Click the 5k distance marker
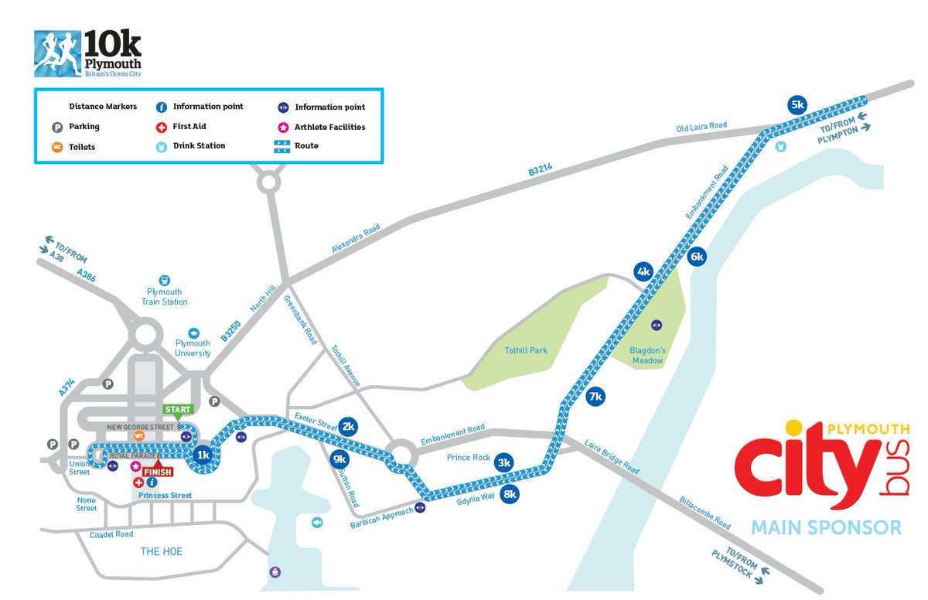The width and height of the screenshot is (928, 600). (x=797, y=105)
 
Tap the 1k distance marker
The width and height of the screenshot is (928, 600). (x=203, y=455)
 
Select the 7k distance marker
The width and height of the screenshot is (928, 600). (x=595, y=397)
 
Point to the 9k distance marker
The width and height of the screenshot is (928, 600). (x=339, y=459)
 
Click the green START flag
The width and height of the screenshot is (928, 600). (x=177, y=409)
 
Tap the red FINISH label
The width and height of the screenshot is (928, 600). (x=157, y=470)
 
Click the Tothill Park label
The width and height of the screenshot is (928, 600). (x=526, y=350)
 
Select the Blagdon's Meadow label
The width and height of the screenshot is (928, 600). (x=647, y=355)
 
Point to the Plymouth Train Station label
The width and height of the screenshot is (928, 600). (x=165, y=297)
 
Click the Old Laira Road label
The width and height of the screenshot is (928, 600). (x=701, y=128)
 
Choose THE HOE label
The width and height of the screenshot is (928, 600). (x=161, y=551)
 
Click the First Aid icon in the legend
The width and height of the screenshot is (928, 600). (x=162, y=126)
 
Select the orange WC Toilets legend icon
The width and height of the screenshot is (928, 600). (x=57, y=146)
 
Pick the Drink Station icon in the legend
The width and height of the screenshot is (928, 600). (x=162, y=145)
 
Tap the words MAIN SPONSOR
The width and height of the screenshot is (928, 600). (x=827, y=527)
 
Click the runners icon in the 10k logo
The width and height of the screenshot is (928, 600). (x=57, y=53)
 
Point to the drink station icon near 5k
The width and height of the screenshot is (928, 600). (x=781, y=145)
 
